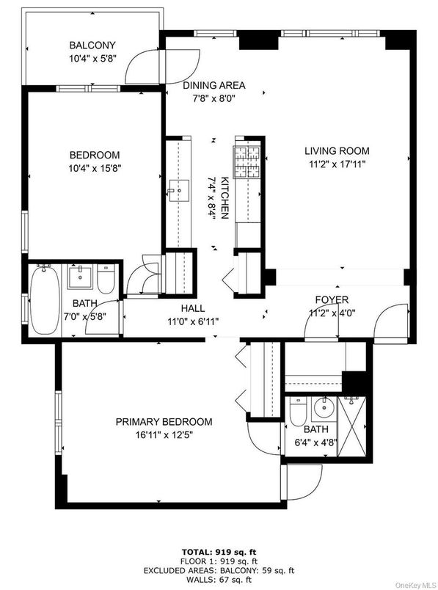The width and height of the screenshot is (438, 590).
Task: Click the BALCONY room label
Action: [92, 44]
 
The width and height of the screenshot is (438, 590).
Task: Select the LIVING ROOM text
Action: [335, 151]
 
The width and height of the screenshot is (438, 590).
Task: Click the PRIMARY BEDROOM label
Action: [164, 422]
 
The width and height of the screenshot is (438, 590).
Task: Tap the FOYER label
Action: [332, 300]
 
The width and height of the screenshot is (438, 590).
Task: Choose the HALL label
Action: [194, 309]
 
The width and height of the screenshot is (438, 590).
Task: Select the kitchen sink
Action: [177, 193]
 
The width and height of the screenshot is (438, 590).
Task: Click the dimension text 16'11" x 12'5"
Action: [164, 434]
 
